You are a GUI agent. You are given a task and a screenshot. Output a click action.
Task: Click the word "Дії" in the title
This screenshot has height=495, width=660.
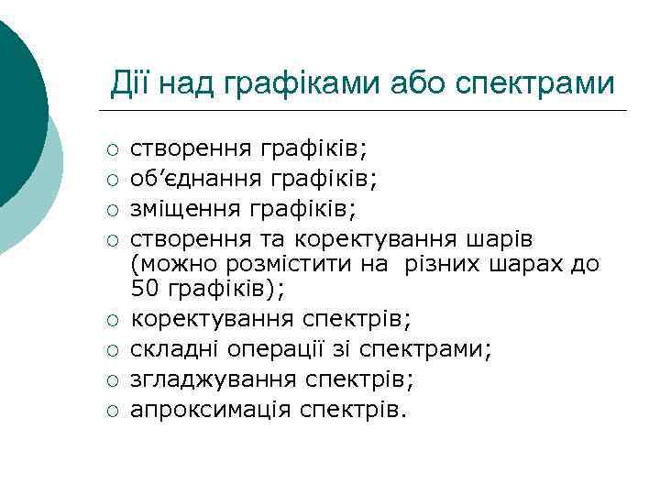click(131, 85)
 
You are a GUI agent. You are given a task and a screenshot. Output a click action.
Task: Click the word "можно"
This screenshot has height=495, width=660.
click(174, 266)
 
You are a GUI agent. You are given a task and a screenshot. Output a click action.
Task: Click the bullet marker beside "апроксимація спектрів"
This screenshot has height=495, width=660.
click(112, 410)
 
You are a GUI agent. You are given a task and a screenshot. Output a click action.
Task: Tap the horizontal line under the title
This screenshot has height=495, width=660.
click(367, 112)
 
